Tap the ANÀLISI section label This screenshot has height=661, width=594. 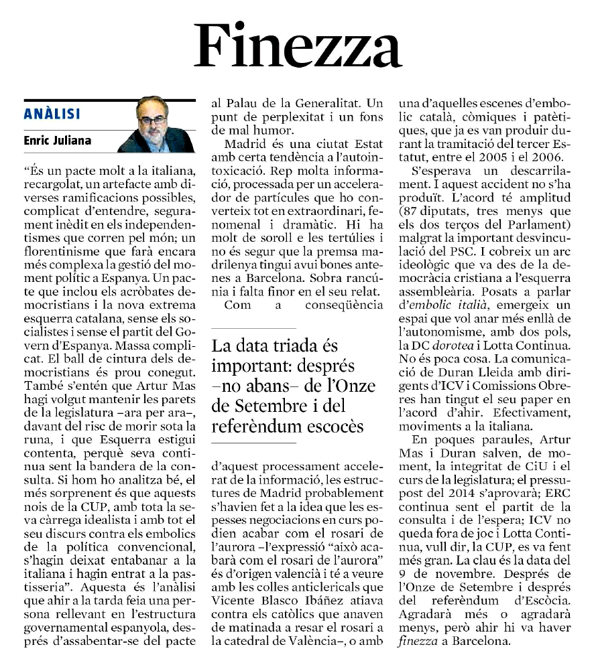pos(52,115)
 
